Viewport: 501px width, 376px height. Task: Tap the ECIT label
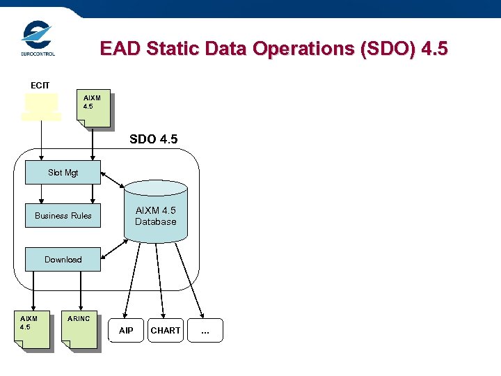[40, 85]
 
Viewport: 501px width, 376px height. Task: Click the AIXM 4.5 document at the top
[93, 109]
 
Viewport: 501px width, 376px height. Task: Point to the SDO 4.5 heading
[153, 139]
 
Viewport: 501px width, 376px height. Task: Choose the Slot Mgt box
[63, 172]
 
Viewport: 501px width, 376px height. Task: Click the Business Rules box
[63, 216]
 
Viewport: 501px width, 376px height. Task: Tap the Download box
[63, 260]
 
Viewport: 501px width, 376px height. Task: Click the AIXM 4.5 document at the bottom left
[35, 329]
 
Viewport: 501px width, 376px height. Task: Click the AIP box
[126, 331]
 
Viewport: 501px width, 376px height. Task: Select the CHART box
[166, 331]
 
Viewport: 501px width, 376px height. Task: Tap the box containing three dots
[205, 331]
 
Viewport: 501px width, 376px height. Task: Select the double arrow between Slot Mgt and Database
[112, 179]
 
